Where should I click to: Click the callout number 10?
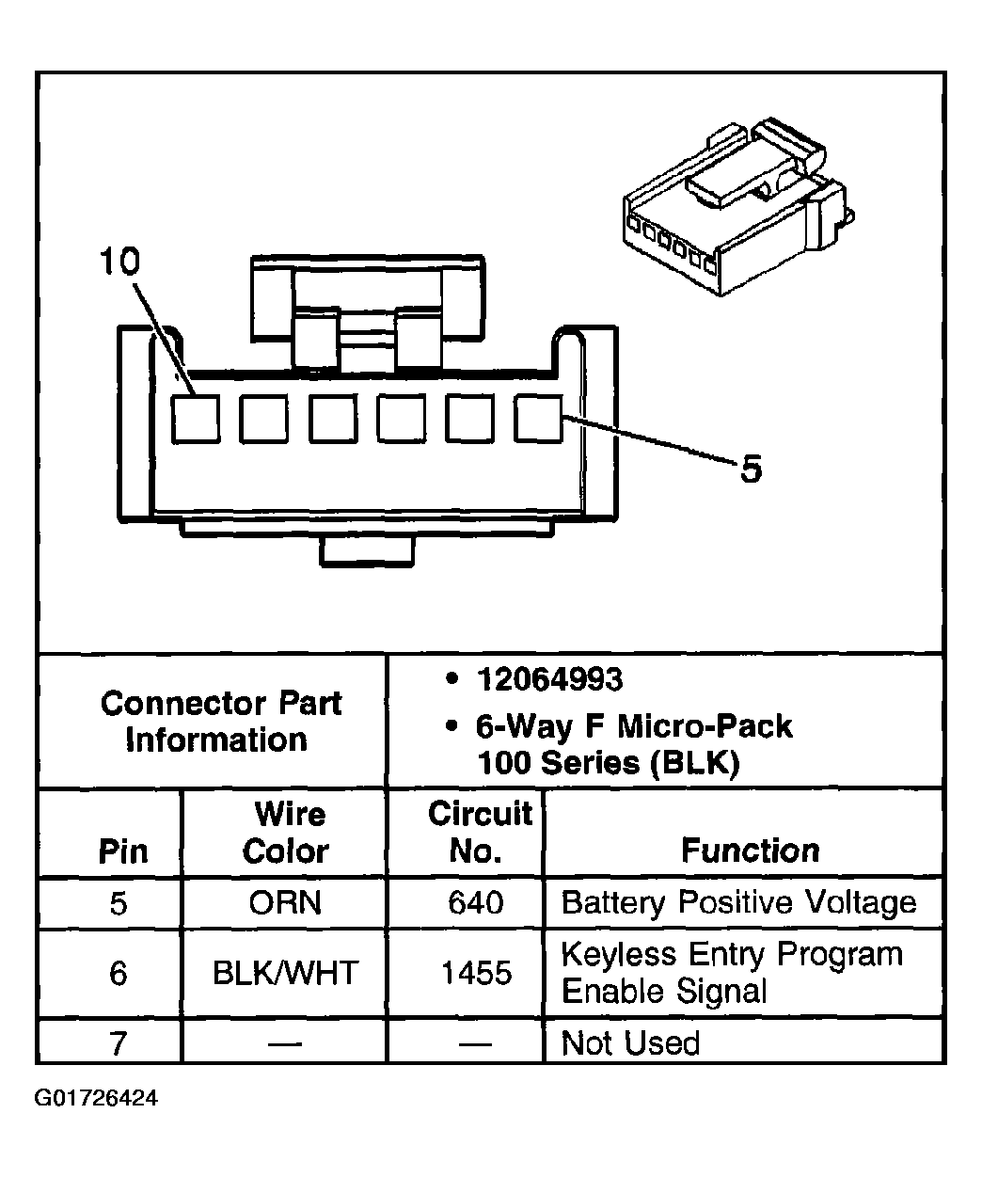(x=119, y=262)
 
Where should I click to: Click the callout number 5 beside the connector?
(x=750, y=469)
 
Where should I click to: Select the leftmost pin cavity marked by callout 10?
(x=196, y=419)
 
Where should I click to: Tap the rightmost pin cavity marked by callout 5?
(x=538, y=419)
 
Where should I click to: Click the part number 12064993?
(x=549, y=679)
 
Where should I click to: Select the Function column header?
(x=750, y=851)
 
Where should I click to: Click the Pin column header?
(x=123, y=851)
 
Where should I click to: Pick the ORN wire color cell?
(x=285, y=903)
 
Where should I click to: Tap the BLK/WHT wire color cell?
(x=285, y=973)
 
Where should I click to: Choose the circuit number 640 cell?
(x=476, y=903)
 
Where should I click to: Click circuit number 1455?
(x=476, y=973)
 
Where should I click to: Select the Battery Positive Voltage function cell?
(x=737, y=903)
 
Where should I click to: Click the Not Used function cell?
(x=630, y=1043)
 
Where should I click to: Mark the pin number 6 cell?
(x=118, y=973)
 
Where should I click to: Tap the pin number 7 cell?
(x=118, y=1043)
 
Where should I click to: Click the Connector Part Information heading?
(x=220, y=722)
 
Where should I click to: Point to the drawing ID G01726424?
(x=96, y=1098)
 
